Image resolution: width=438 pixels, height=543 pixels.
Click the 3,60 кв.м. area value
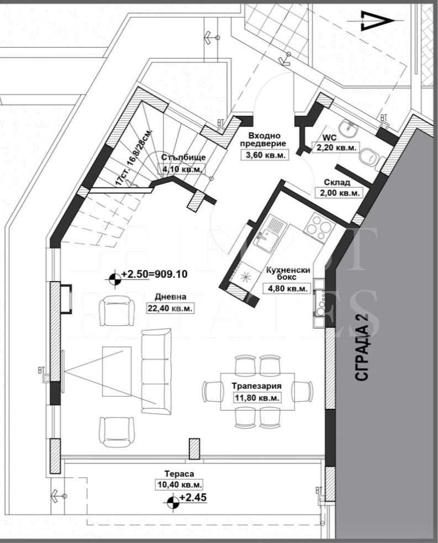tap(265, 155)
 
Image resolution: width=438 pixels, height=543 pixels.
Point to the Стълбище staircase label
tap(183, 157)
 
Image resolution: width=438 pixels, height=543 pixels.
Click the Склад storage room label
tap(336, 182)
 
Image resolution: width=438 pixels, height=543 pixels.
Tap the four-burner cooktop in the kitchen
tap(319, 226)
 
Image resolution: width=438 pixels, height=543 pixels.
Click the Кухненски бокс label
tap(287, 273)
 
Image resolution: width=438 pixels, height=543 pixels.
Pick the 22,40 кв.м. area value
tap(170, 308)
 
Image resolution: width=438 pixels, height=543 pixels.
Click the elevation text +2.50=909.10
tap(154, 275)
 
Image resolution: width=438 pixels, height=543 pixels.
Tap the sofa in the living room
tap(156, 371)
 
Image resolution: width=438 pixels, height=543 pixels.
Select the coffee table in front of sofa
tap(117, 371)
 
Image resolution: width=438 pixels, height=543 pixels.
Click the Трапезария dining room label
tap(257, 386)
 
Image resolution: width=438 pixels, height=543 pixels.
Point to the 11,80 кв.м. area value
tap(257, 398)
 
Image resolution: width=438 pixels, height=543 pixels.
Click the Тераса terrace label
tap(179, 473)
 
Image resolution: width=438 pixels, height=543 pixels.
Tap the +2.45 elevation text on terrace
tap(193, 498)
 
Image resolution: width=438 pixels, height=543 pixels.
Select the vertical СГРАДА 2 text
tap(361, 347)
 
